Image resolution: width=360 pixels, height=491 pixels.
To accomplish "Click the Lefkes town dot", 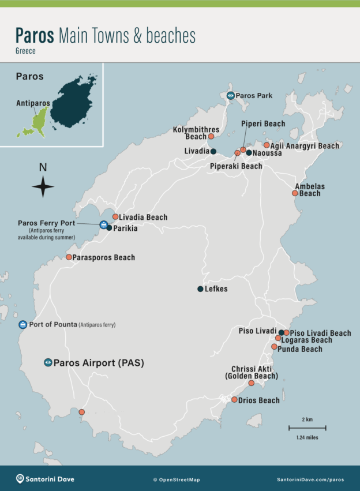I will click(x=200, y=289).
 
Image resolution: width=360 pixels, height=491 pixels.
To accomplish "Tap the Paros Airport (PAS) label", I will click(x=98, y=363).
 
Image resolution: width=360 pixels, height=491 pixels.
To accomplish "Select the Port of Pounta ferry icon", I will click(x=22, y=324).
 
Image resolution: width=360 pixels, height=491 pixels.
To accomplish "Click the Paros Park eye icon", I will click(x=231, y=96).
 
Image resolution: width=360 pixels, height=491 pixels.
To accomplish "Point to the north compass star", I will click(x=43, y=186).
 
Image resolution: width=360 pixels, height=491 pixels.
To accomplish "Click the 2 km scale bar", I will click(x=307, y=428).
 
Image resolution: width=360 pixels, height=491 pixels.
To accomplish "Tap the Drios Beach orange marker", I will click(x=234, y=400).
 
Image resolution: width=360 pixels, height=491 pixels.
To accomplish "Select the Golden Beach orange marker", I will click(x=252, y=383).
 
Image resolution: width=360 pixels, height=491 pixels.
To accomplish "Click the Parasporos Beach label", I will click(x=104, y=257).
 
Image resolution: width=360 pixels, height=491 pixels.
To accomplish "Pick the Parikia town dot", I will click(x=109, y=228).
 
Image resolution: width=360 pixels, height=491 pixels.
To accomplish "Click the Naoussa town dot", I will click(x=249, y=153).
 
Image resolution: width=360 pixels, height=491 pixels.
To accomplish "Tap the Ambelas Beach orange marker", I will click(x=295, y=193).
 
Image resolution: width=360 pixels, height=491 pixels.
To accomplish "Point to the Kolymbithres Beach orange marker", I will click(x=211, y=137).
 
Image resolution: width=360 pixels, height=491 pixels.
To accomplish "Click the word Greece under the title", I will click(x=26, y=51).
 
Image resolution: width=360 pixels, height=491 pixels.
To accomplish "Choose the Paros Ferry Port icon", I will click(x=103, y=224).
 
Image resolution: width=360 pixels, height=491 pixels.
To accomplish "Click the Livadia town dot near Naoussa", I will click(x=213, y=152).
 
